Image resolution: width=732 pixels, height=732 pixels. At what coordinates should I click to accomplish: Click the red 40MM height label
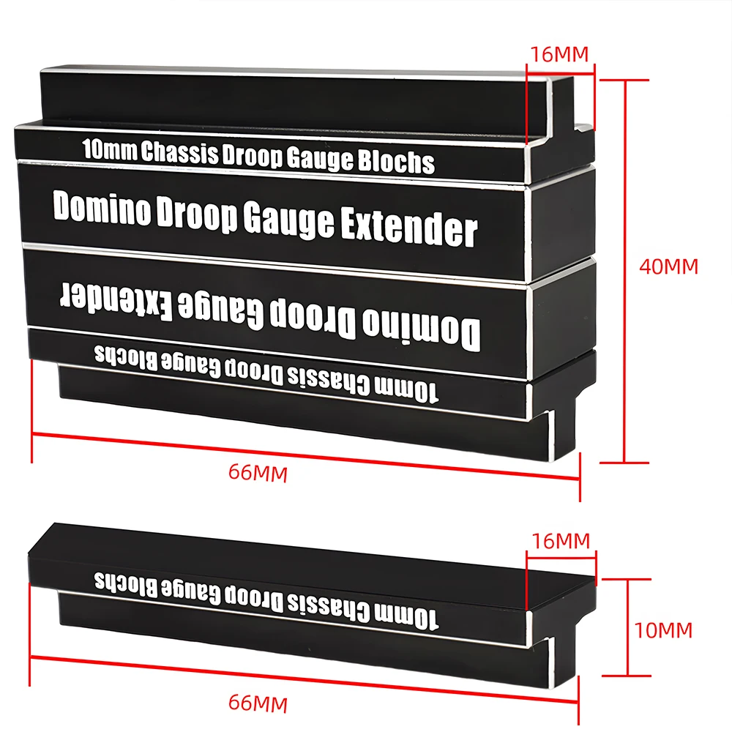668,266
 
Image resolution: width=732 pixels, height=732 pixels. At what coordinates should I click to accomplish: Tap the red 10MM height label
663,630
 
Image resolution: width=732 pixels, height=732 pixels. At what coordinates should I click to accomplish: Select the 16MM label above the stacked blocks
560,55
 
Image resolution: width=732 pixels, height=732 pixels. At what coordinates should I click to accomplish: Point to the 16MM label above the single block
561,541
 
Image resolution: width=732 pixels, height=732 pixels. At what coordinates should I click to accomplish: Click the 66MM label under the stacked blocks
258,472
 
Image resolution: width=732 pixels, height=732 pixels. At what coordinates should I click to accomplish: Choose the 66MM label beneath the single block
258,703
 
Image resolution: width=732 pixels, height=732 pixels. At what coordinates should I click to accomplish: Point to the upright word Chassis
180,152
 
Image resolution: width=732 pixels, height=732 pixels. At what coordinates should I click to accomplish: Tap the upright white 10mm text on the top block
111,149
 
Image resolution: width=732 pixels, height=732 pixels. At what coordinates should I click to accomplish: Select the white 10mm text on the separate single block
406,617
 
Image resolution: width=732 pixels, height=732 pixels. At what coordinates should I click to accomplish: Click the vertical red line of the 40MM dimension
624,272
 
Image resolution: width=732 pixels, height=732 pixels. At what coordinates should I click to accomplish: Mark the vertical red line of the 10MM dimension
627,627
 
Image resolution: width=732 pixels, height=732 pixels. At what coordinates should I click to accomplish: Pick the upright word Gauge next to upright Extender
289,218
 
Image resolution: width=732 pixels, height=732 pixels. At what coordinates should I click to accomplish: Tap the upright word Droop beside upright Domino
196,213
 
